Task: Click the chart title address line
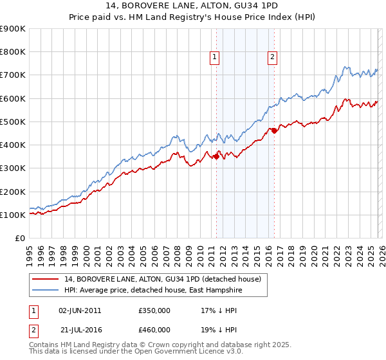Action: (x=192, y=6)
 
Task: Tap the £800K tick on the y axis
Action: (x=12, y=52)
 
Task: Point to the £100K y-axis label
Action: (x=12, y=215)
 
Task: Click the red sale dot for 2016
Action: (x=274, y=130)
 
